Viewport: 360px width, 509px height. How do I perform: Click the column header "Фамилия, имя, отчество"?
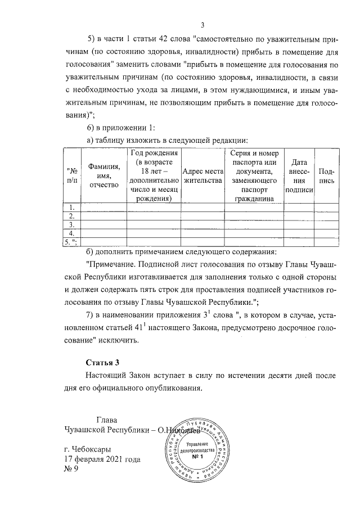coord(104,175)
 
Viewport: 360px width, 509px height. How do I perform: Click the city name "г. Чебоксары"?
coord(88,449)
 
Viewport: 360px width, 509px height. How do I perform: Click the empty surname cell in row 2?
coord(104,216)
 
